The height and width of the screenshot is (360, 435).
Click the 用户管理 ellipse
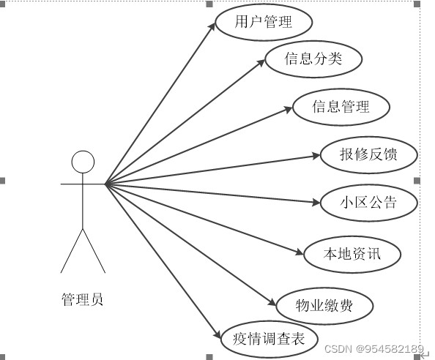[264, 22]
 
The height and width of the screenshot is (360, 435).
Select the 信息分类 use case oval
[313, 59]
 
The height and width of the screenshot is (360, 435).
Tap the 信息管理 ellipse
[341, 107]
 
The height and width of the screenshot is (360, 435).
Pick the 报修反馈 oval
[369, 155]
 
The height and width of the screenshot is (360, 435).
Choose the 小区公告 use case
[369, 203]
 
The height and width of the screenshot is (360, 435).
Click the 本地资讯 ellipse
[352, 254]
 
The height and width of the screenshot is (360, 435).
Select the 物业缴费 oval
[324, 306]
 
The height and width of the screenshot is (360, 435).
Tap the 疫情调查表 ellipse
[269, 340]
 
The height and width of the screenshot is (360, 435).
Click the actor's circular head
[83, 162]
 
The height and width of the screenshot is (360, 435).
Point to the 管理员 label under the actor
[83, 299]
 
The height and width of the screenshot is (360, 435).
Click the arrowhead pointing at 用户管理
[212, 26]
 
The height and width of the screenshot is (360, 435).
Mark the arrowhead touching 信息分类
[261, 63]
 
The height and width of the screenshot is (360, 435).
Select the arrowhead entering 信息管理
[289, 109]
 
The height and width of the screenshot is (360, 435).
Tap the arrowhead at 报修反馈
[316, 156]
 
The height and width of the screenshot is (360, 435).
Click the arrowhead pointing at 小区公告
[316, 202]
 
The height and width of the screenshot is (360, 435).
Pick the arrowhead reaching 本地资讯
[300, 252]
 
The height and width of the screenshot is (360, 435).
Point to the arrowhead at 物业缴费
[272, 302]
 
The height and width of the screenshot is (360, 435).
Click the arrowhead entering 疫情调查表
[218, 335]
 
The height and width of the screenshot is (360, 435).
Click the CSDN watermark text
[374, 348]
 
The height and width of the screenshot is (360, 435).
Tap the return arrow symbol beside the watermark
[425, 356]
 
